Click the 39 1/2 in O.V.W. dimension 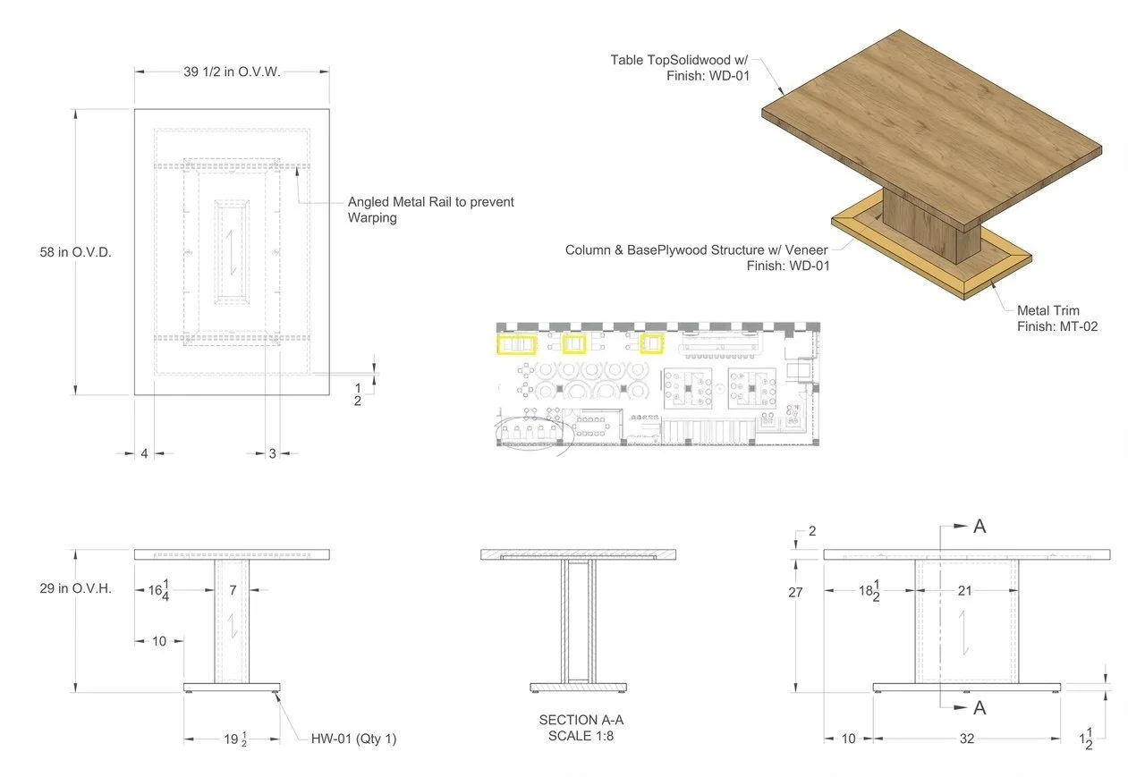point(232,72)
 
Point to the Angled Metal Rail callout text point(430,209)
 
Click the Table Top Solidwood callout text point(680,67)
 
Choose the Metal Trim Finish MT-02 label point(1056,318)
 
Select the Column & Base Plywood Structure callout point(698,258)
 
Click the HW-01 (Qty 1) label point(353,739)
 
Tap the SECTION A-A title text point(581,720)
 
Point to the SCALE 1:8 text point(581,735)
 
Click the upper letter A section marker point(980,527)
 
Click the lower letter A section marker point(980,707)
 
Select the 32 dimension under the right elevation point(967,739)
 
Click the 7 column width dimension point(232,590)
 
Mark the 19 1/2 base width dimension point(233,739)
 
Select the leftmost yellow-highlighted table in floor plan point(516,344)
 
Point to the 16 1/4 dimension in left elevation point(159,590)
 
